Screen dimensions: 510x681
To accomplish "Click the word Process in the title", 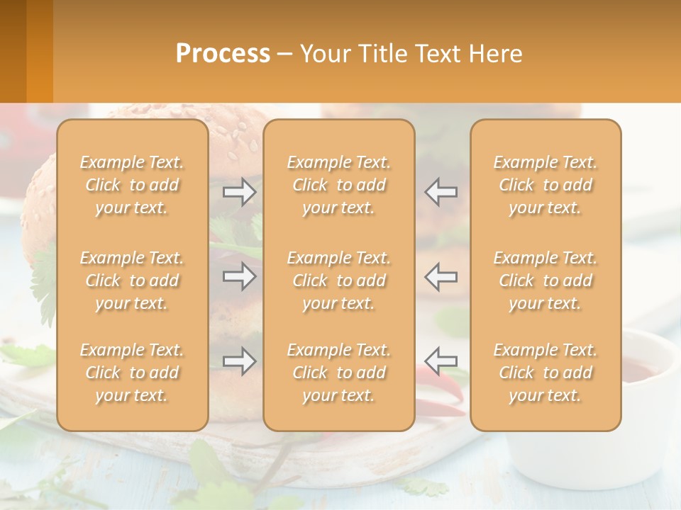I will point(223,54).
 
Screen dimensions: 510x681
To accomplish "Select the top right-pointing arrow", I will point(239,192).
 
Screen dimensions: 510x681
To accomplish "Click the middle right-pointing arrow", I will point(239,276).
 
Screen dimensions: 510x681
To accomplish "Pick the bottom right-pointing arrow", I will point(239,361).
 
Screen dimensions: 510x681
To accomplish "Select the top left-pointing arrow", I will point(441,192).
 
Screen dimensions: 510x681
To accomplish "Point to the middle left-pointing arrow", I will point(441,276).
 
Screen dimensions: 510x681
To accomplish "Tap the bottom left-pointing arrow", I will point(441,361).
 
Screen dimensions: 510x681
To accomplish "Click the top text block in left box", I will point(132,185).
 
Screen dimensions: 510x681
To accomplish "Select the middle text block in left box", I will point(132,280).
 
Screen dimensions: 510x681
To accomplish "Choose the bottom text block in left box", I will point(132,373).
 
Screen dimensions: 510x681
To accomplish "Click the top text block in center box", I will point(339,185).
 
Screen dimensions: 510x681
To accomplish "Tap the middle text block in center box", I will point(339,280).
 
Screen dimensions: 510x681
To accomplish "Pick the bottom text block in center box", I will point(339,373).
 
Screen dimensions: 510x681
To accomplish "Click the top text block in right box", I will point(546,185).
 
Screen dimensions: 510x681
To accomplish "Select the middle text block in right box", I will point(546,280).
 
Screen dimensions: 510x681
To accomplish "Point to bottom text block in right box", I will point(546,373).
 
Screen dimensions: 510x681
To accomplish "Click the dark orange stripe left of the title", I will point(13,51).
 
